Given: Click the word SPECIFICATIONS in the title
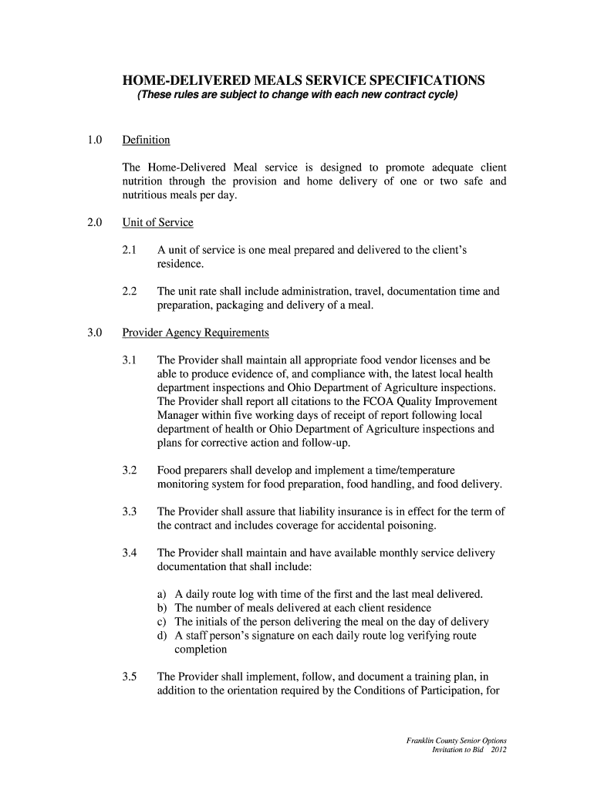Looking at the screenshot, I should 415,80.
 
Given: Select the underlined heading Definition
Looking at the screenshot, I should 146,140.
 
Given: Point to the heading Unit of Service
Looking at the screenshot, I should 157,223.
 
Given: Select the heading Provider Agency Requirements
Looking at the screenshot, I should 195,333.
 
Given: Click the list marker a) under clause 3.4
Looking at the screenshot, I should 162,594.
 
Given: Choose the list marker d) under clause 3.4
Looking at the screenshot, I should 162,636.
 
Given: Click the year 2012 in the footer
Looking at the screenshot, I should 496,750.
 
